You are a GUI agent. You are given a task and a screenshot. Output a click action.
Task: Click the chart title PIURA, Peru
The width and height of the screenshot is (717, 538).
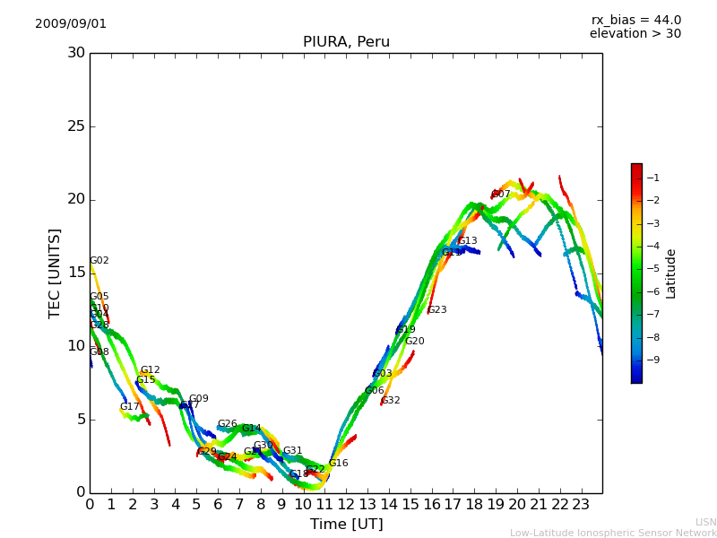pyautogui.click(x=346, y=42)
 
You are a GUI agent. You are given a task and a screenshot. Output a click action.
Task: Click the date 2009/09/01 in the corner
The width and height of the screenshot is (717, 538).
pyautogui.click(x=71, y=24)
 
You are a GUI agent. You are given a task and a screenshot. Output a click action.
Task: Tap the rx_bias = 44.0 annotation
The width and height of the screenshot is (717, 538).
pyautogui.click(x=636, y=20)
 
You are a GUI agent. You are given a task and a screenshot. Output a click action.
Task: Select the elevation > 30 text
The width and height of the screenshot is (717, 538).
pyautogui.click(x=635, y=34)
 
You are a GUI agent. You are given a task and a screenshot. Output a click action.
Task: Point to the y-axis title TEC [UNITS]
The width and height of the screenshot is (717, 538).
pyautogui.click(x=56, y=273)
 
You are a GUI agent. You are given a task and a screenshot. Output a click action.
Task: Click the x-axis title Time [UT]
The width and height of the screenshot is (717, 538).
pyautogui.click(x=346, y=525)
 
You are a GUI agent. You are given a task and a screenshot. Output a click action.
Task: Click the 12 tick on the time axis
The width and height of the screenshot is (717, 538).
pyautogui.click(x=346, y=504)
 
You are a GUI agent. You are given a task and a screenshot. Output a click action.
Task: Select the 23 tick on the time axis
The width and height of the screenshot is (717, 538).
pyautogui.click(x=581, y=504)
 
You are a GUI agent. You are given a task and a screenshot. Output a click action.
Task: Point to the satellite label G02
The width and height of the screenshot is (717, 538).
pyautogui.click(x=99, y=261)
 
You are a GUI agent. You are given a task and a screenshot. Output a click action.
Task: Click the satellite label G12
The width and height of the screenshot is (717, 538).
pyautogui.click(x=150, y=370)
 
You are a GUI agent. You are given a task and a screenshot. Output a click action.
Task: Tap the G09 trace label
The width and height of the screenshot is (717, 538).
pyautogui.click(x=198, y=399)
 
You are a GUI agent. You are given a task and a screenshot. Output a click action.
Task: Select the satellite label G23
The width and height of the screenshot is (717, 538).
pyautogui.click(x=436, y=310)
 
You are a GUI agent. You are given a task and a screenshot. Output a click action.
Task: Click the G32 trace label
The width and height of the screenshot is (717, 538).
pyautogui.click(x=391, y=401)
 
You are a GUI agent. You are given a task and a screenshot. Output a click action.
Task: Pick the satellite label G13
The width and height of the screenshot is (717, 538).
pyautogui.click(x=468, y=241)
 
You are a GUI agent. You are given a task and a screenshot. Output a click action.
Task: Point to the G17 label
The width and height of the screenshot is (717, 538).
pyautogui.click(x=130, y=407)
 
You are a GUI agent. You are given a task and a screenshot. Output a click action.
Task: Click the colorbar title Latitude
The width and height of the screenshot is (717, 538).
pyautogui.click(x=671, y=273)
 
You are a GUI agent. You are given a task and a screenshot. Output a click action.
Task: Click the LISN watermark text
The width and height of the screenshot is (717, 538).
pyautogui.click(x=705, y=522)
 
